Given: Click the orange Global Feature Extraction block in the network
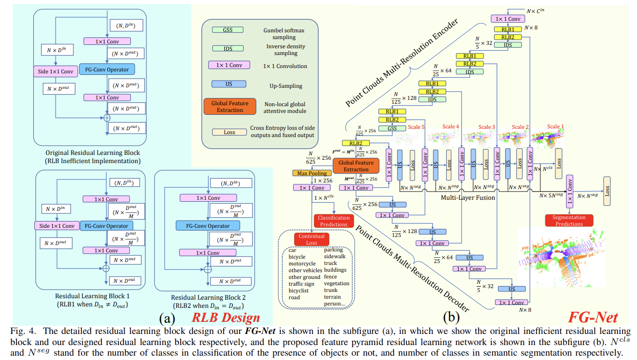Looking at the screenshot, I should [356, 166].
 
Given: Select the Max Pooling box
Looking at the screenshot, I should [311, 173].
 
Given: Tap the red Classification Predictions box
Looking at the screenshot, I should [333, 221].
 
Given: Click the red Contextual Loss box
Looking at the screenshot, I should [311, 239].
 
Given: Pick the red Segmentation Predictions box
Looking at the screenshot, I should [569, 221].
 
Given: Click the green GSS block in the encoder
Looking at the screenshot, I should [392, 129].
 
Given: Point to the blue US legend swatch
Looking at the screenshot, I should [228, 84].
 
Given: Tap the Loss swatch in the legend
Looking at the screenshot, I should [228, 132].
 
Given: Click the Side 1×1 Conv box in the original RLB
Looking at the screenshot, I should [56, 72].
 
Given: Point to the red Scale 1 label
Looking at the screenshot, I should [555, 127].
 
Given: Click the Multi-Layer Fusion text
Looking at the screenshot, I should [468, 197].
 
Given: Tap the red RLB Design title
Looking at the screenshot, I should [226, 318].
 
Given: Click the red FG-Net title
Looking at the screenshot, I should [592, 317].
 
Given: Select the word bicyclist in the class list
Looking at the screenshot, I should [302, 291].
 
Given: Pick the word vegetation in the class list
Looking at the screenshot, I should [337, 284].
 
